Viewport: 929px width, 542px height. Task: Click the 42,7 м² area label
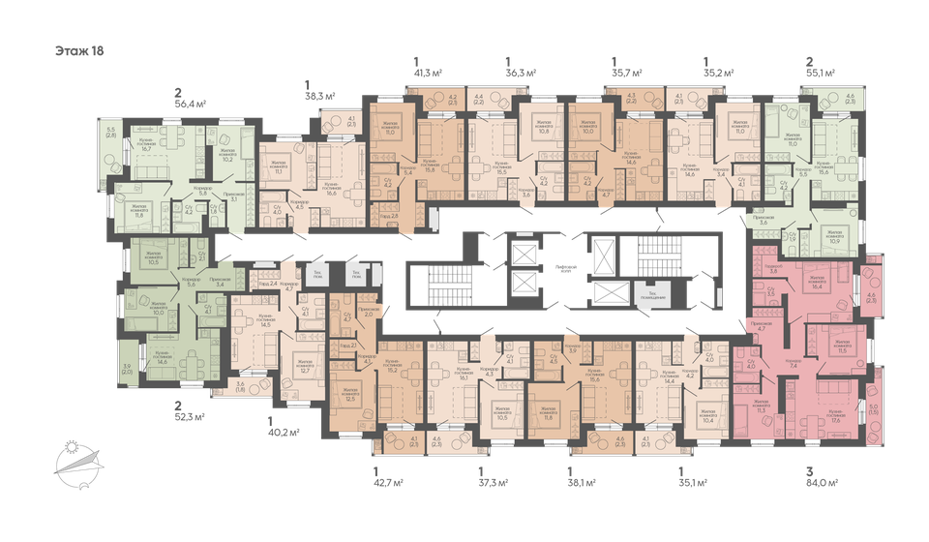tap(387, 481)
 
